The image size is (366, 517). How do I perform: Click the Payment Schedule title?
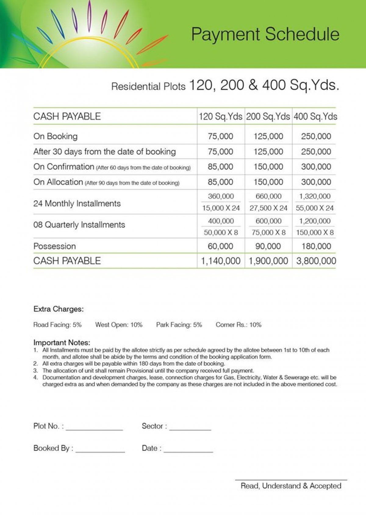coord(265,34)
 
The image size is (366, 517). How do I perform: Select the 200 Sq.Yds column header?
coord(268,116)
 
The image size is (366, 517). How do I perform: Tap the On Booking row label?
coord(56,136)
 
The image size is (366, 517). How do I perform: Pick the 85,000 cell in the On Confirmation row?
coord(220,167)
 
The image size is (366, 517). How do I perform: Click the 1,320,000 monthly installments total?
coord(315,196)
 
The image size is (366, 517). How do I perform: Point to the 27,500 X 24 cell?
coord(268,208)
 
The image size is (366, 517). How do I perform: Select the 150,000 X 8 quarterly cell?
coord(315,233)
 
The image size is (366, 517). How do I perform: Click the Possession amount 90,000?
coord(268,246)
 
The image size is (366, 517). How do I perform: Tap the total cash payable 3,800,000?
coord(316,261)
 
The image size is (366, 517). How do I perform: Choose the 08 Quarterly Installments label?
coord(79,225)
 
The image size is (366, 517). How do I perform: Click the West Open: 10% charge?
coord(119,325)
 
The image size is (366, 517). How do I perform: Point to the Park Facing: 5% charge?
coord(179,325)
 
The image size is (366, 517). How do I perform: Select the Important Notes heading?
coord(62,343)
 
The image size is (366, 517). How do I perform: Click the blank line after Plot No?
coord(94,429)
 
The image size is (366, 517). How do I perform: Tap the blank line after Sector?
coord(190,429)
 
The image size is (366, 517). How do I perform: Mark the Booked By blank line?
coord(100,451)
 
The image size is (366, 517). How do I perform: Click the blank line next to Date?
coord(188,451)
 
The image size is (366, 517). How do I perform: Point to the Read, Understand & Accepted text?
coord(291,486)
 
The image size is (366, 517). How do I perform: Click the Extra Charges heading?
coord(58,309)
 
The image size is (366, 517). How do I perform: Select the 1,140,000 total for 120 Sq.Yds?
coord(221,261)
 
